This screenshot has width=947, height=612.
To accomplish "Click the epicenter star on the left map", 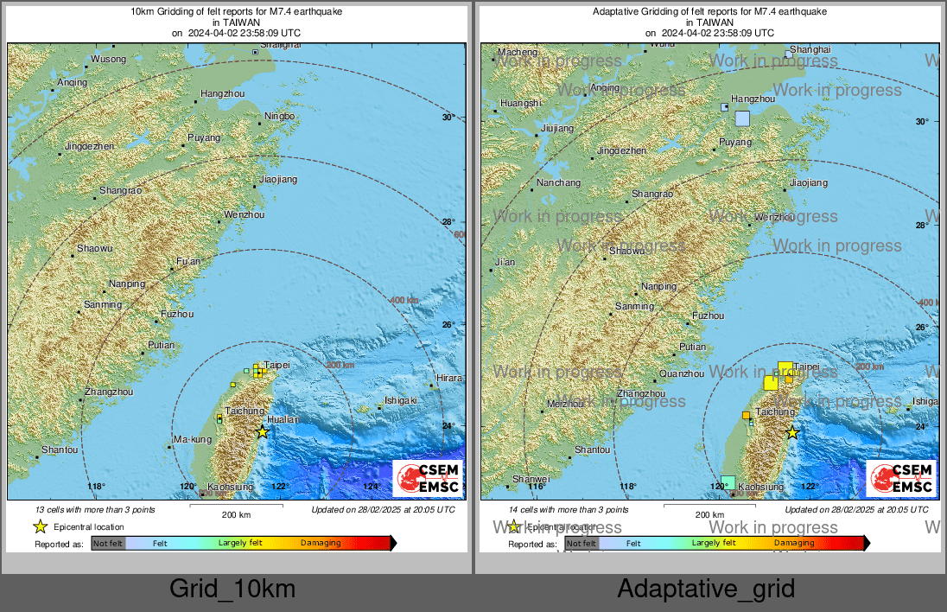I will pos(263,431).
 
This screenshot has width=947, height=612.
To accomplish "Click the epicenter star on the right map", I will pos(791,432).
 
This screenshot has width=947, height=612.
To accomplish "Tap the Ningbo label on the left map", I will pos(279,116).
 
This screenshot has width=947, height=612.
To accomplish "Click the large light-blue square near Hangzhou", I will pos(742,118).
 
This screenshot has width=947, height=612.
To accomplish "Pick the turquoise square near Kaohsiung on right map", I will pos(728,482).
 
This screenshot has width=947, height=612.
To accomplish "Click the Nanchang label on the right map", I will pos(558,182).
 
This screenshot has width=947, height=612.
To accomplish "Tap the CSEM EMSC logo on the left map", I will pos(428,478).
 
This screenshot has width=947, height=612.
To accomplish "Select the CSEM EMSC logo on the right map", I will pos(901,478).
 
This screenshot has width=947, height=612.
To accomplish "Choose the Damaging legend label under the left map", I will pos(321,543).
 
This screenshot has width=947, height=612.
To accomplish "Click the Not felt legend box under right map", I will pos(581,543).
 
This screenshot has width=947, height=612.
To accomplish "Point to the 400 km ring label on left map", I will pos(402,299).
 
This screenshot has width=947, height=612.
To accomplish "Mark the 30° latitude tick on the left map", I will pos(448,118).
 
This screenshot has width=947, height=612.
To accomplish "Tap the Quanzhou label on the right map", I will pos(681,373).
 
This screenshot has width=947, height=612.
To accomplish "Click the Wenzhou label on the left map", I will pos(244,214).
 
